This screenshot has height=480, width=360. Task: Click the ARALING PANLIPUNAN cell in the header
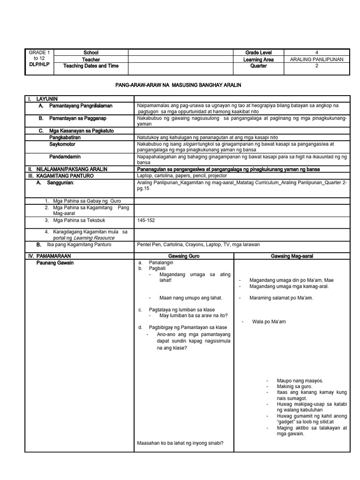tap(316, 60)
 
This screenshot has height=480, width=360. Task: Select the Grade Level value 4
tap(316, 52)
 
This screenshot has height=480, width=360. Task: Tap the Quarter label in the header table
tap(258, 66)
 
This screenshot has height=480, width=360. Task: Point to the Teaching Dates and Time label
tap(91, 66)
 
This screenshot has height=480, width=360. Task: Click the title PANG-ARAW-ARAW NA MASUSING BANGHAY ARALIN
tap(178, 85)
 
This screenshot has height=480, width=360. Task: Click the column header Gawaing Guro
tap(184, 256)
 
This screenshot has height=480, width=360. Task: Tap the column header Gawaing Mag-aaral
tap(292, 256)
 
